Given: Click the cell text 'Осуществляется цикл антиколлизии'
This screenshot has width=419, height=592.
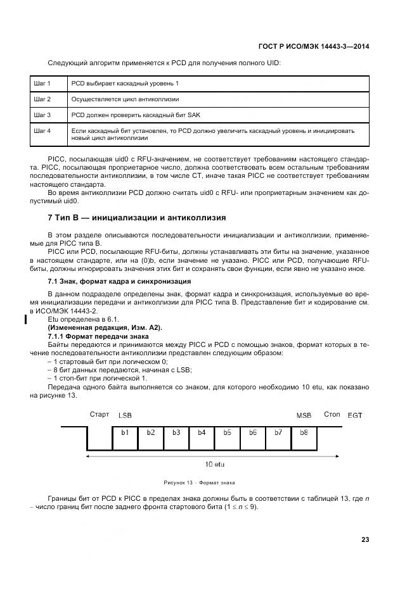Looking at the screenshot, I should pos(125,99).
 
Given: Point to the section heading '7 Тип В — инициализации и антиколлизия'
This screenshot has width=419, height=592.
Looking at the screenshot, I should pos(137,217).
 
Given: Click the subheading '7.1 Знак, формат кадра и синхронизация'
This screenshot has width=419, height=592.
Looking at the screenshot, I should pos(120,281).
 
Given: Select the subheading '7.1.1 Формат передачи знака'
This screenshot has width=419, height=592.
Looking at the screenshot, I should pos(98,336).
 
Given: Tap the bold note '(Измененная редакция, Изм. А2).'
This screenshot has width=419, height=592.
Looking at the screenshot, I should pos(105,327).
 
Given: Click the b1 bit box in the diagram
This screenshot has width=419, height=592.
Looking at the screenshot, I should pos(125,432).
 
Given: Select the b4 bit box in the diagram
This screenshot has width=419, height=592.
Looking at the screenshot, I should pos(202,432).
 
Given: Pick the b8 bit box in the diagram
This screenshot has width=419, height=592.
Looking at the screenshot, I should pos(303,432).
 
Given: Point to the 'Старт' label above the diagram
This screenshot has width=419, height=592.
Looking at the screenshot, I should pos(100,415).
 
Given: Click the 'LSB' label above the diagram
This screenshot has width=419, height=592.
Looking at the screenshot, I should pos(125,415).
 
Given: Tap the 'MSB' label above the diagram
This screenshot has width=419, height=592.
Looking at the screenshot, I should pos(304,415).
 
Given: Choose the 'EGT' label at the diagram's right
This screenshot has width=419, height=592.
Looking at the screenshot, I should pos(355,415).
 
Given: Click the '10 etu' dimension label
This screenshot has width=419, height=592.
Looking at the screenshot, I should pos(216,465).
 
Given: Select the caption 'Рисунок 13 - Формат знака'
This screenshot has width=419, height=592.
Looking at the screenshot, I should pos(199,482).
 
